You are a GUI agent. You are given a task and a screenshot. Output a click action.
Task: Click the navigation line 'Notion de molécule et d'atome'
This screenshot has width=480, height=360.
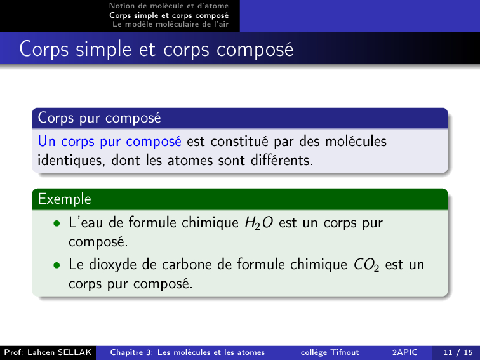[169, 6]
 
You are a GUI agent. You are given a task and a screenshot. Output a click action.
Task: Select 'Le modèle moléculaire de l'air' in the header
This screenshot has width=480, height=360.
[171, 24]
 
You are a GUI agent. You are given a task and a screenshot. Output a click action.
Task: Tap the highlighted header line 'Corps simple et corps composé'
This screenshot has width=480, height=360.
[169, 15]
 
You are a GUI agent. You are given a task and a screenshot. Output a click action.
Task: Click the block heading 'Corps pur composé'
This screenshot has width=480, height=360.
[99, 118]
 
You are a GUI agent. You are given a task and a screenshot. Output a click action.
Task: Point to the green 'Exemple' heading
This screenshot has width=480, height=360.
[64, 199]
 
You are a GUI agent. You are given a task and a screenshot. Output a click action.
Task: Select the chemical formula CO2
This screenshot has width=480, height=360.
[366, 265]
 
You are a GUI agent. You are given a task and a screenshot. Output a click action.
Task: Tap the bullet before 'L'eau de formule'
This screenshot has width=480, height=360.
[57, 223]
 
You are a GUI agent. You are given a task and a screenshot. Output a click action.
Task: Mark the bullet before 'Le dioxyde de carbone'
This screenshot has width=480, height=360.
[57, 265]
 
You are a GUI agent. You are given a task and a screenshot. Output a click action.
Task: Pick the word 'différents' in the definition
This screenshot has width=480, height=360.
[282, 161]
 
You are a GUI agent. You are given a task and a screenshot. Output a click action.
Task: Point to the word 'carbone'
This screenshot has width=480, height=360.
[187, 265]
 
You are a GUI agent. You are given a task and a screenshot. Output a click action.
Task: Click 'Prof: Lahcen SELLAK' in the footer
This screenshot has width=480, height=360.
[48, 352]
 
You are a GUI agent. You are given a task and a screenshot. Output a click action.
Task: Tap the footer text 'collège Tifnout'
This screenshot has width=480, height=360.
[330, 352]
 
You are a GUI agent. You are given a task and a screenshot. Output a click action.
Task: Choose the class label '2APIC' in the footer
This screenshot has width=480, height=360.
[404, 352]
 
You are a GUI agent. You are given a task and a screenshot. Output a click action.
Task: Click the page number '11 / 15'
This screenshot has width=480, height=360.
[458, 352]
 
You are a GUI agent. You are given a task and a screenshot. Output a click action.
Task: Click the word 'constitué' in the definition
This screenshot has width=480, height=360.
[227, 142]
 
